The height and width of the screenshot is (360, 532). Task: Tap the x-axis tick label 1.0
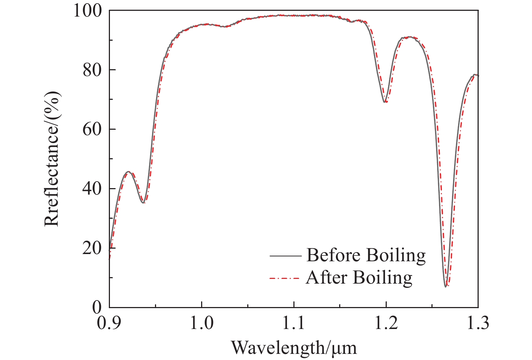coord(202,323)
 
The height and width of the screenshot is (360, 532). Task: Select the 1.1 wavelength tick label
coord(294,323)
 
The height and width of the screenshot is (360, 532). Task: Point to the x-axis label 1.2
coord(386,323)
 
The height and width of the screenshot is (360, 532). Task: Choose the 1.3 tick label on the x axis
coord(478,323)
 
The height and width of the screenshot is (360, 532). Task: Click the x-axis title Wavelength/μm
coord(294,347)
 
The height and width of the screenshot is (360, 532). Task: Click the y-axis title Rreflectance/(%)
coord(52,159)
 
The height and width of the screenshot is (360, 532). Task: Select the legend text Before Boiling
coord(366,255)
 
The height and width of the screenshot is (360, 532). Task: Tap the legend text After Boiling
coord(359,278)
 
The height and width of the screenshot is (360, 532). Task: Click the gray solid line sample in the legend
coord(285,256)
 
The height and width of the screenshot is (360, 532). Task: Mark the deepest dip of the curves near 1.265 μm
coord(446,286)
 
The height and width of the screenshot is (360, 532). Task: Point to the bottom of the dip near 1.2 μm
coord(385,102)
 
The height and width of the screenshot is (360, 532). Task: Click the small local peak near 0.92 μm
coord(128,172)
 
